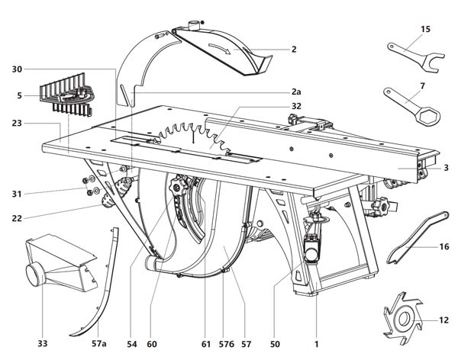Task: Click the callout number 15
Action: (425, 29)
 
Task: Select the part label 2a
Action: (296, 92)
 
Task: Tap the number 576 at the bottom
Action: (227, 345)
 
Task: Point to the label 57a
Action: (98, 344)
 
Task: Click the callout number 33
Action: (42, 344)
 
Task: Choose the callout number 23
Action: (17, 124)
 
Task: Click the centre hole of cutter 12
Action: (404, 319)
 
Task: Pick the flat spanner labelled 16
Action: (418, 238)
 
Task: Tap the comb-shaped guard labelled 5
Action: (66, 95)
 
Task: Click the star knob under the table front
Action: (177, 185)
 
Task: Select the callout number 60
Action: (152, 344)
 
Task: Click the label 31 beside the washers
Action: (17, 194)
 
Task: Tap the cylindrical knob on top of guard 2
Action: (193, 25)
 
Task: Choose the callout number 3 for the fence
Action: (446, 168)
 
